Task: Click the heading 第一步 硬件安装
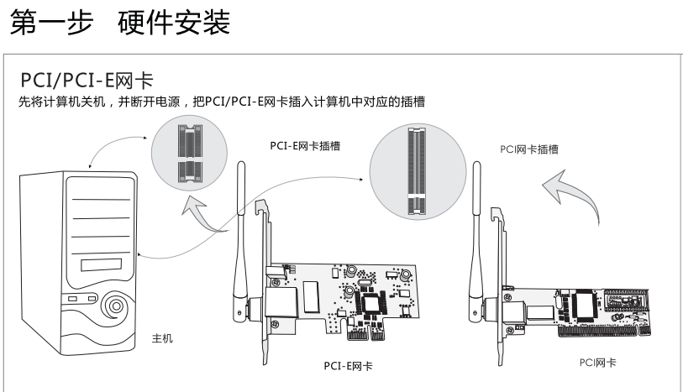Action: point(119,23)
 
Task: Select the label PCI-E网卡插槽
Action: point(310,145)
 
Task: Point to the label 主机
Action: point(162,338)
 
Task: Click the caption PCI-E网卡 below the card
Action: point(349,366)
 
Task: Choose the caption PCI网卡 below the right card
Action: point(597,363)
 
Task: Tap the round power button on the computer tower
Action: point(113,308)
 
